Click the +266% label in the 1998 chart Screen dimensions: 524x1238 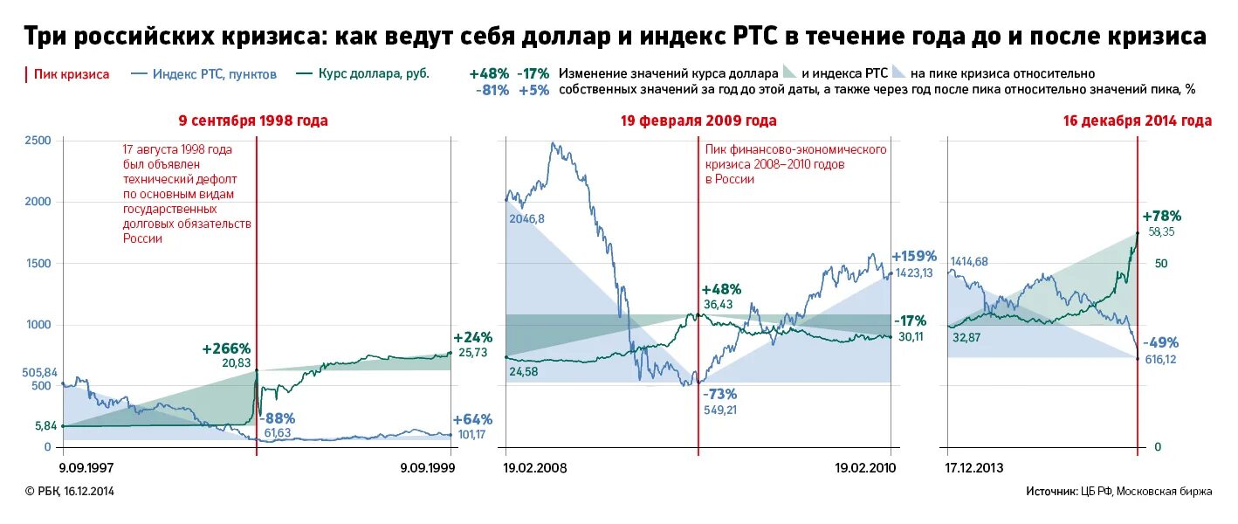click(226, 348)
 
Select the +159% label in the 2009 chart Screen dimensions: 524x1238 click(913, 257)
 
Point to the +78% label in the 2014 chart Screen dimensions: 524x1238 click(1161, 216)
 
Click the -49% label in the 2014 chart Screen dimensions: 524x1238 click(1161, 342)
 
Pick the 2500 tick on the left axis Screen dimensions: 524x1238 click(38, 141)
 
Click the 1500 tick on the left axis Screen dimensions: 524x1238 click(38, 264)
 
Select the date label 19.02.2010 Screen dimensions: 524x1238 click(865, 468)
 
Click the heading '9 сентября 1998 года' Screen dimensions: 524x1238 click(253, 121)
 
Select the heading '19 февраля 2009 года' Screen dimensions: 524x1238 click(698, 121)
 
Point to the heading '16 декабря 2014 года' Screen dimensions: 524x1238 click(1137, 121)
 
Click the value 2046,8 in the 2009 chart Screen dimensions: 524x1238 click(526, 219)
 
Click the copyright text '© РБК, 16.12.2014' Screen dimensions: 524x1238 click(69, 492)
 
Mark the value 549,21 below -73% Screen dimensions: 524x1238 click(722, 409)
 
